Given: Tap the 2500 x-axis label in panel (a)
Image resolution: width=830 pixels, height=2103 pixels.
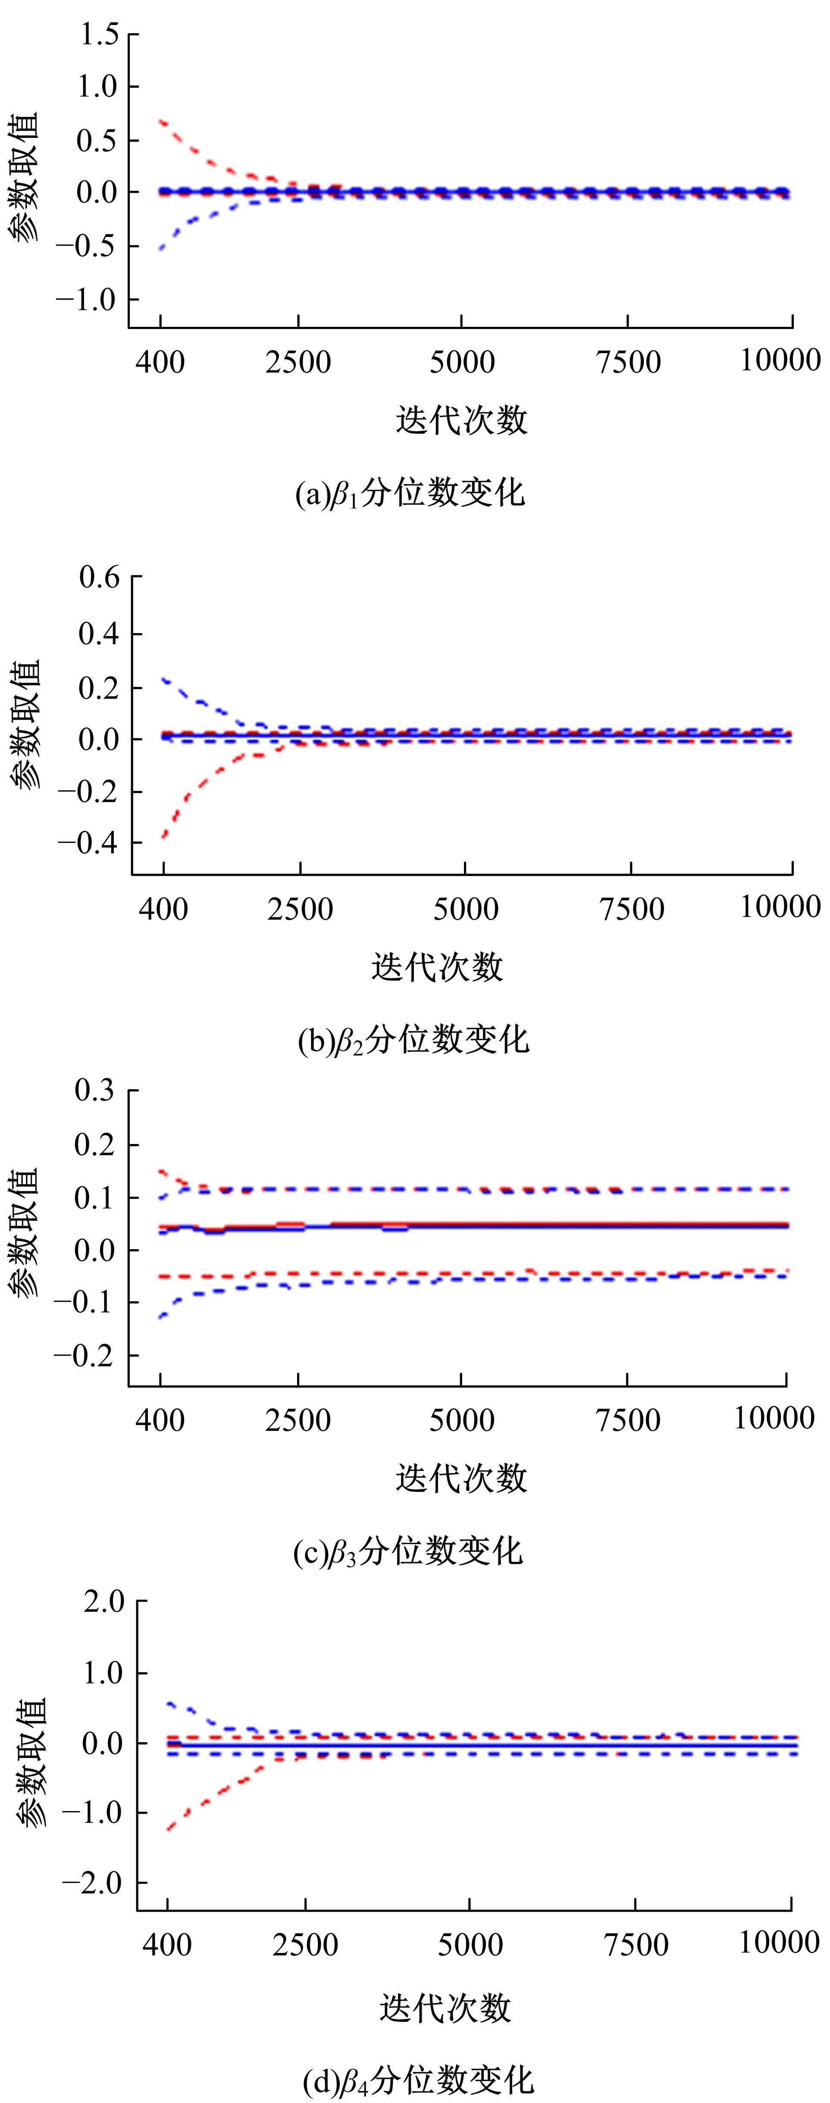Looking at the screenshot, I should [x=298, y=362].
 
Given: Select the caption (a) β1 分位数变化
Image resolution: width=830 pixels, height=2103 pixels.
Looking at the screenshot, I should [x=410, y=494].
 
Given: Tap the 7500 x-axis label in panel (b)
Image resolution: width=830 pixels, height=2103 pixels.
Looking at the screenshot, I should [x=631, y=909].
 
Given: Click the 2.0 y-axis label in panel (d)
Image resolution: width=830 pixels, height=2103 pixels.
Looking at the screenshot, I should [x=103, y=1602].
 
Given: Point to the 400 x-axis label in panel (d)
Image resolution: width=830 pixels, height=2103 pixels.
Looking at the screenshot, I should [x=167, y=1945].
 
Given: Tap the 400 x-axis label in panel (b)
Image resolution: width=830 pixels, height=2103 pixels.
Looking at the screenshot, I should [x=163, y=909].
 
